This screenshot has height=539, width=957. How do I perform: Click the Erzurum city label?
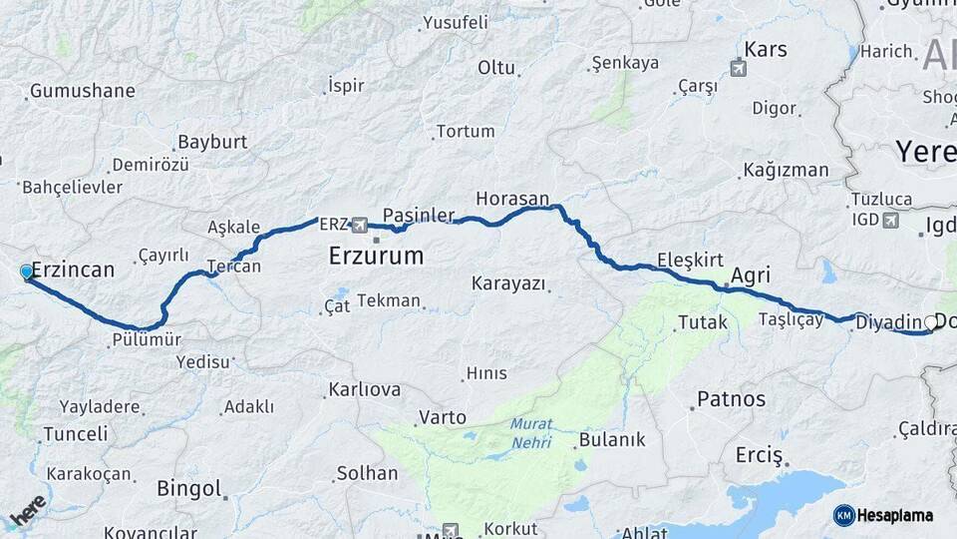pos(376,257)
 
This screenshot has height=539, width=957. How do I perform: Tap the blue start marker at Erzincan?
pos(26,271)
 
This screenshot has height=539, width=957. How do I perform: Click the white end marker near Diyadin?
pos(930,321)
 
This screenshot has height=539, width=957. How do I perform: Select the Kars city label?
pos(766,49)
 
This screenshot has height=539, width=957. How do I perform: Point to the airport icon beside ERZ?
pos(359,225)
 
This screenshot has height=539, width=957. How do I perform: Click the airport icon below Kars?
pos(738,69)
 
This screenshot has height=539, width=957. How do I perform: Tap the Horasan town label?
pos(512,198)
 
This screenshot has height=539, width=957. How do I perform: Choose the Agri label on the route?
pos(751,274)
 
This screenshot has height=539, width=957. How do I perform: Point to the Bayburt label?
pos(212,142)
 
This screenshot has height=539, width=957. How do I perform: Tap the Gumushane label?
pos(82,91)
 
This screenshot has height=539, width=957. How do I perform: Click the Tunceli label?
pos(75,434)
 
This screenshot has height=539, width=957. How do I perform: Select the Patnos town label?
pos(732,399)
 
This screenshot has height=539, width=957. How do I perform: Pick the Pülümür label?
pos(146,339)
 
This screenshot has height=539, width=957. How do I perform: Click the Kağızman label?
pos(787,170)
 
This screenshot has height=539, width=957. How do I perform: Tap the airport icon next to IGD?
pos(890,220)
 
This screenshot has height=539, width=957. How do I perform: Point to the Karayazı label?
pos(509,283)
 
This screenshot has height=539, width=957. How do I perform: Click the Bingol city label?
pos(188,488)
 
